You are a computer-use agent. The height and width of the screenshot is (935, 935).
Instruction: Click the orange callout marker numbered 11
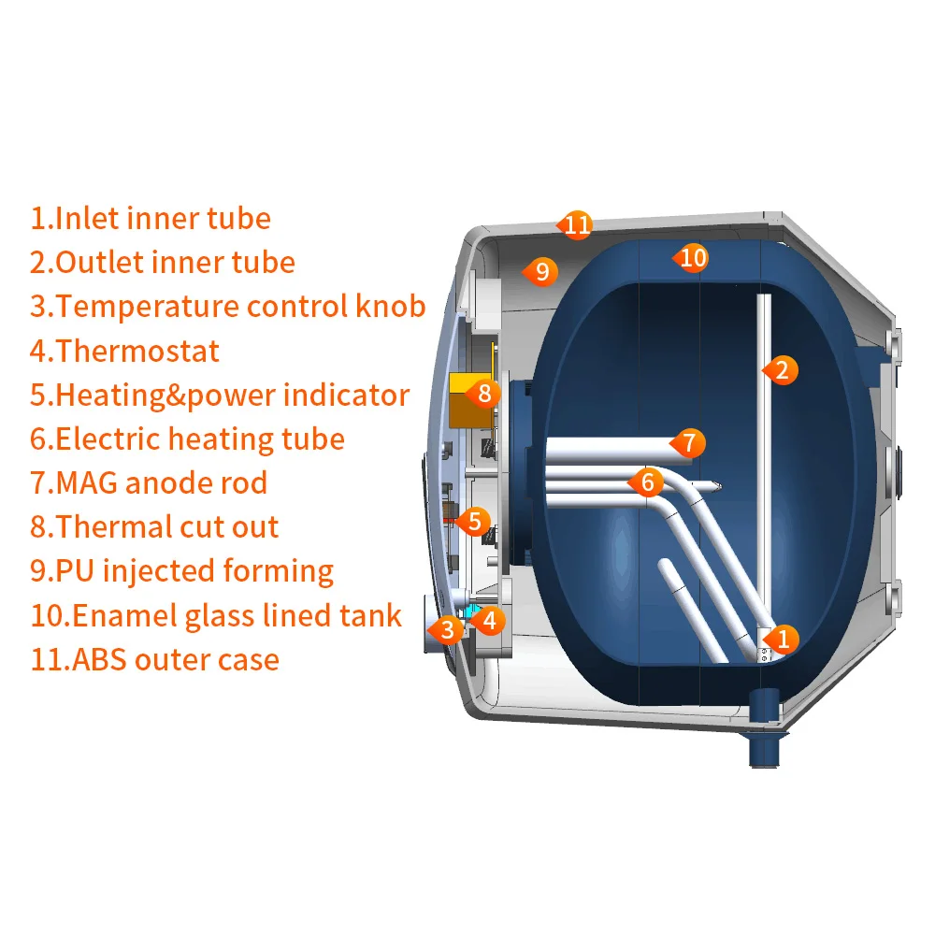(x=575, y=224)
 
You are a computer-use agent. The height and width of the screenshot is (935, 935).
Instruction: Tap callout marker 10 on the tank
(x=692, y=258)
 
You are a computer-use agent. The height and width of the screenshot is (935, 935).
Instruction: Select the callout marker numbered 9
(x=540, y=272)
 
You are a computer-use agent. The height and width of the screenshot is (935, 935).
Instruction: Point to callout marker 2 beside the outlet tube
(x=781, y=370)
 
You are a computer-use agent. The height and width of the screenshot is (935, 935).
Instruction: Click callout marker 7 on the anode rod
(x=689, y=443)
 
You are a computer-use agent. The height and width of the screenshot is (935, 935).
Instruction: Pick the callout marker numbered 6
(x=647, y=482)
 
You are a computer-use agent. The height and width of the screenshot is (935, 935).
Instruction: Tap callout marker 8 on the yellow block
(x=483, y=394)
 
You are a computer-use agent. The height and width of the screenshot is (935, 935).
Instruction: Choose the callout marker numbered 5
(x=473, y=521)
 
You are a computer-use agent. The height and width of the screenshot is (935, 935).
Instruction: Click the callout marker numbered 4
(x=488, y=621)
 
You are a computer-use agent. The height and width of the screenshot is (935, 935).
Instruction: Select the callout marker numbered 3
(x=446, y=629)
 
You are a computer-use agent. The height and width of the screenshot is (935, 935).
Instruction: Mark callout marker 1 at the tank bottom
(x=782, y=640)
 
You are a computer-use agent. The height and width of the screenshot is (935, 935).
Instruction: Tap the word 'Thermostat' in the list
(x=137, y=351)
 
